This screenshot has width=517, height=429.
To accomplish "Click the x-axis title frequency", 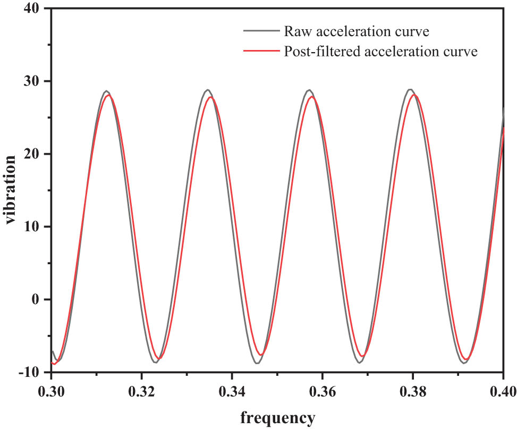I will (x=277, y=417).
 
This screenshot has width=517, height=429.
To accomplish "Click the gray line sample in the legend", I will (x=261, y=31).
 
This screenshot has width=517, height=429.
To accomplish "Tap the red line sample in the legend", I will (x=261, y=52).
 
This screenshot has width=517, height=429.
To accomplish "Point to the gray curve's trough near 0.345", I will (x=257, y=363).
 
